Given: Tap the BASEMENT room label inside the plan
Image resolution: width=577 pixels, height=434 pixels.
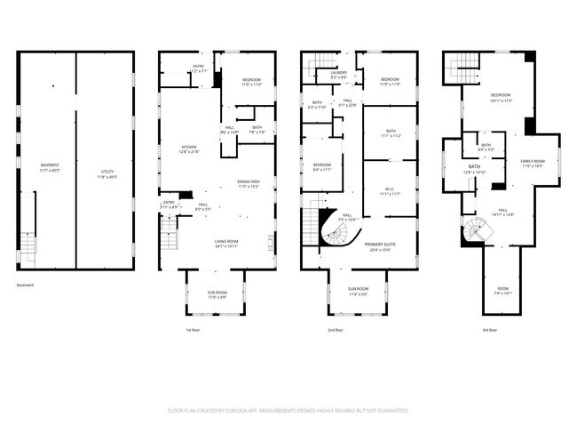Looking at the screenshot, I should [x=51, y=167].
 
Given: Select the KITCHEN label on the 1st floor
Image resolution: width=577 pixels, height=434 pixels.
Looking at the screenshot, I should [x=189, y=149].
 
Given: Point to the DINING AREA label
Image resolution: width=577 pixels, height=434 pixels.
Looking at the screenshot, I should [x=248, y=184].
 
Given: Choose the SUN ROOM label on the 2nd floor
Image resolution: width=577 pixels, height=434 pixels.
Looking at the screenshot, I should [x=359, y=291].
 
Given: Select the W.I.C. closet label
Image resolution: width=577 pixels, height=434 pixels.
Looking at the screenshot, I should [x=390, y=189].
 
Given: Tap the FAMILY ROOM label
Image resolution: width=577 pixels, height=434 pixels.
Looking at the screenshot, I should [x=532, y=162].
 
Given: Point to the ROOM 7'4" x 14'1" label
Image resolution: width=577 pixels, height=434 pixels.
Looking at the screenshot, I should [x=503, y=291].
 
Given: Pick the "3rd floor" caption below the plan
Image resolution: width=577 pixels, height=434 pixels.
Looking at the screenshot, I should [x=489, y=330].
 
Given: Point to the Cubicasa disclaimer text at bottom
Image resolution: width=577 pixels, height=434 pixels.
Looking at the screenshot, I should [x=288, y=411].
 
